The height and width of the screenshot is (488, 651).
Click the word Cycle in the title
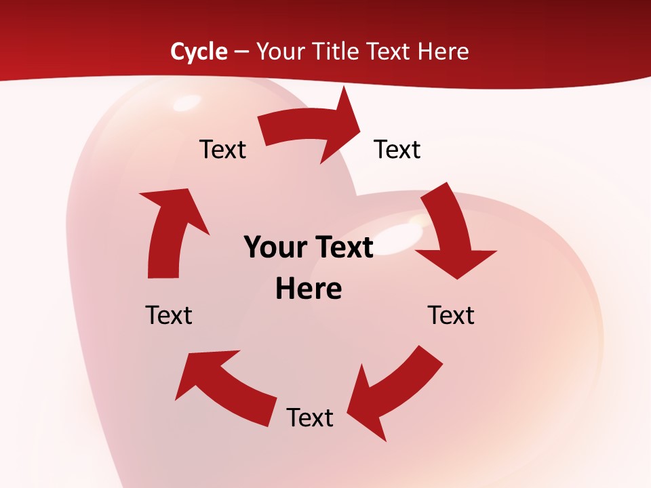pyautogui.click(x=199, y=52)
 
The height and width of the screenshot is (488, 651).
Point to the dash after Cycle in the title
pyautogui.click(x=242, y=52)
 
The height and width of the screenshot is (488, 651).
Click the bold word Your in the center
pyautogui.click(x=273, y=247)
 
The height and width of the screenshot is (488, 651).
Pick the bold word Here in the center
pyautogui.click(x=309, y=289)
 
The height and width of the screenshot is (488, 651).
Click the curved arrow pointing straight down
pyautogui.click(x=451, y=230)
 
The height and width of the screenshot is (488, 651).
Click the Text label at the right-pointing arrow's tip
pyautogui.click(x=397, y=149)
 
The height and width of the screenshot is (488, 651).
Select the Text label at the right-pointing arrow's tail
pyautogui.click(x=222, y=149)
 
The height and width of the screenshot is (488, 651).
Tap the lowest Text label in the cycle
pyautogui.click(x=310, y=418)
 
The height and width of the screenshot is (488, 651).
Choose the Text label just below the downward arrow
pyautogui.click(x=451, y=315)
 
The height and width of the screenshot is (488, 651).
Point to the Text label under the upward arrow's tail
pyautogui.click(x=169, y=315)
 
